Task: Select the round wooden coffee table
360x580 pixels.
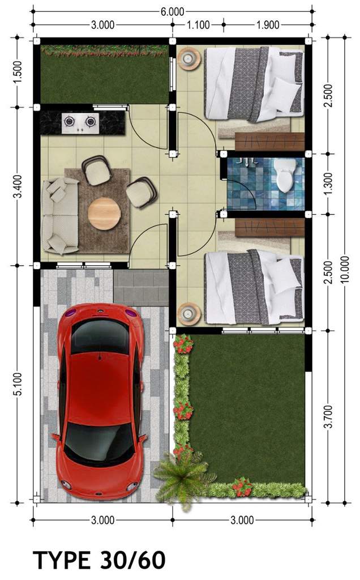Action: pos(104,214)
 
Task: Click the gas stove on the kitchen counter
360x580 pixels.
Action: pos(80,123)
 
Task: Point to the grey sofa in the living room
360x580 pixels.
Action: pos(60,216)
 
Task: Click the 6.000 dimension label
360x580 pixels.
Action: pos(172,11)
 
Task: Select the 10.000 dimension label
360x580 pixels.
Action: pos(345,269)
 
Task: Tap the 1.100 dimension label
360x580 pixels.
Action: pos(198,25)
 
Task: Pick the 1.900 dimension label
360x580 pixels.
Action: pos(268,25)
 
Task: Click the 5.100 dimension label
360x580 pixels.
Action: pos(18,384)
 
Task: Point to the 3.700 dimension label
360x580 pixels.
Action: pos(328,417)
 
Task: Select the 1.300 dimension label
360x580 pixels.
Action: pos(328,184)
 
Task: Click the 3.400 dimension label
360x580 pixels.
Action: pos(18,186)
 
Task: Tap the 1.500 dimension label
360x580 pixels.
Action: pos(18,72)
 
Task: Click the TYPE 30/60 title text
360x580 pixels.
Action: pos(99,560)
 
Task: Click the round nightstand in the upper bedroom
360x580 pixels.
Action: pos(189,58)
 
